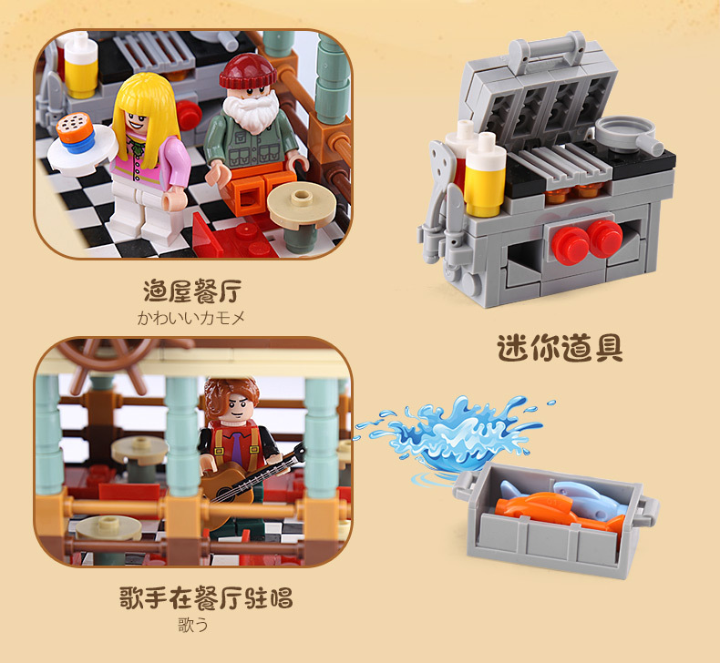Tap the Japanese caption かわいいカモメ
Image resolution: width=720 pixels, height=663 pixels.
191,318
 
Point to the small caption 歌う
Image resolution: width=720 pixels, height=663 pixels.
192,625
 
